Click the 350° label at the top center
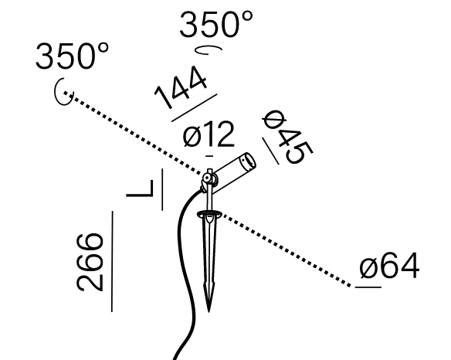click(x=216, y=24)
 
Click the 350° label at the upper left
click(x=72, y=56)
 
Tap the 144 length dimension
click(x=181, y=87)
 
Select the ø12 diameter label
click(x=209, y=134)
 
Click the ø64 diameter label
click(x=389, y=266)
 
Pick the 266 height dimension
click(x=90, y=262)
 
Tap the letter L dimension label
click(x=140, y=188)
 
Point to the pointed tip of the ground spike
click(x=209, y=311)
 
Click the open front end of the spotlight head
click(x=249, y=161)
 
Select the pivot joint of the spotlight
click(x=207, y=178)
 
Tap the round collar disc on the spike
click(x=209, y=214)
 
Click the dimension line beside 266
click(x=112, y=261)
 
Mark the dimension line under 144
click(x=194, y=107)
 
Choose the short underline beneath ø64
click(x=368, y=287)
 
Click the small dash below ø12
click(x=209, y=156)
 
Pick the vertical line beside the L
click(x=162, y=189)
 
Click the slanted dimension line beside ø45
click(x=270, y=151)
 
